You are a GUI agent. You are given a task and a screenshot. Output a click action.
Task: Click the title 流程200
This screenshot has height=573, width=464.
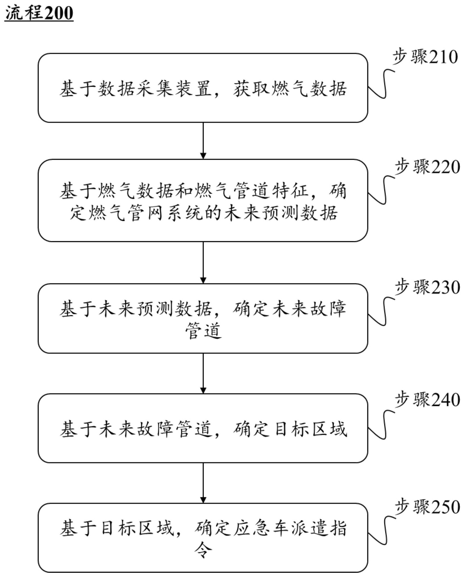click(39, 13)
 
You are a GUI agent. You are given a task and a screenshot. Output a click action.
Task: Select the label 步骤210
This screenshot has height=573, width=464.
click(425, 57)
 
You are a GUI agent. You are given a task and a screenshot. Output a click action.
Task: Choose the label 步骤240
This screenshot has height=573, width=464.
click(427, 400)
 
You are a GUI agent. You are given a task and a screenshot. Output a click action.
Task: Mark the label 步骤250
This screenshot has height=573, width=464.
click(427, 507)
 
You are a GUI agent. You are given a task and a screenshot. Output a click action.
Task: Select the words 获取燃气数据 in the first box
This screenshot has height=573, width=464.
click(290, 89)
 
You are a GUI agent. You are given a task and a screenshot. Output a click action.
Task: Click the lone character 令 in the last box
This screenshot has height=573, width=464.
click(203, 550)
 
